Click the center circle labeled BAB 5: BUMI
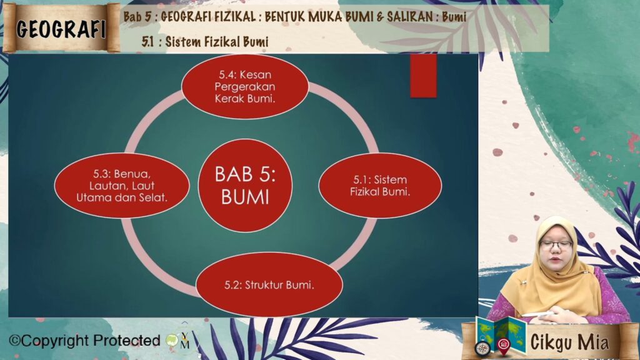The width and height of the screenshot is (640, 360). (245, 186)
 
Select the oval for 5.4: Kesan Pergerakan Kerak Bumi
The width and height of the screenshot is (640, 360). (245, 86)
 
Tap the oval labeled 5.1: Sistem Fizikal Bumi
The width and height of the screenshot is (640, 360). (380, 186)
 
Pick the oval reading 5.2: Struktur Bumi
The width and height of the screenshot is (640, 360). (269, 284)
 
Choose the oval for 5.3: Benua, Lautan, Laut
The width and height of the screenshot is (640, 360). (122, 186)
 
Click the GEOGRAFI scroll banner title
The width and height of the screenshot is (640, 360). (61, 29)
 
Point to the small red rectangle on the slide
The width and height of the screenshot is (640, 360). (423, 76)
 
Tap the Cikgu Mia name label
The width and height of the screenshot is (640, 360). (569, 342)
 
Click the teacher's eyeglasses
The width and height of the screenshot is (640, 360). (556, 245)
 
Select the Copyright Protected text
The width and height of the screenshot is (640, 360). (85, 341)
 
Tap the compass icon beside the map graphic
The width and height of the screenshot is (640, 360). (482, 348)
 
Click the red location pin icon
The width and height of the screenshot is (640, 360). (504, 345)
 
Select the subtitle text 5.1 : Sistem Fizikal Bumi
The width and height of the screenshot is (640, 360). (205, 42)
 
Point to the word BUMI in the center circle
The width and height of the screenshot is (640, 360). (245, 197)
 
